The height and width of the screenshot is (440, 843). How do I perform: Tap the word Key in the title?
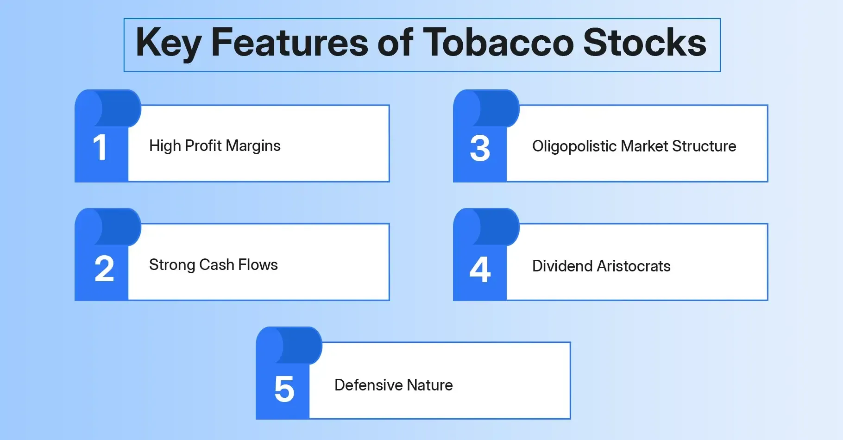[x=168, y=43]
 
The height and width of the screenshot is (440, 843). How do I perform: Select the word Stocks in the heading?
[x=644, y=43]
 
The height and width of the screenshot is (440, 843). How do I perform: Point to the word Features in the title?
[x=289, y=43]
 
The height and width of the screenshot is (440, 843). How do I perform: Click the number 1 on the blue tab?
[x=100, y=148]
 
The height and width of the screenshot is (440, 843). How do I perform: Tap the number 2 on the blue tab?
[x=104, y=269]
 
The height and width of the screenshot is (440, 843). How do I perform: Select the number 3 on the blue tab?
[x=480, y=149]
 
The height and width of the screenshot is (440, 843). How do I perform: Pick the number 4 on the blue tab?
[x=480, y=269]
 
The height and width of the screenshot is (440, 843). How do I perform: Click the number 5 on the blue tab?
[x=284, y=389]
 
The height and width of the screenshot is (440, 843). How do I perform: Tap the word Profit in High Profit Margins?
[x=203, y=146]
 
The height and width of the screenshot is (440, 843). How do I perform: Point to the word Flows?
[x=258, y=265]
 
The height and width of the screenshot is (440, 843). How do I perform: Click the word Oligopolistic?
[x=574, y=146]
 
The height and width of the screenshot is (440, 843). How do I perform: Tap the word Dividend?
[x=562, y=266]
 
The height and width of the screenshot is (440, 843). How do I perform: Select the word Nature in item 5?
[x=429, y=385]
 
